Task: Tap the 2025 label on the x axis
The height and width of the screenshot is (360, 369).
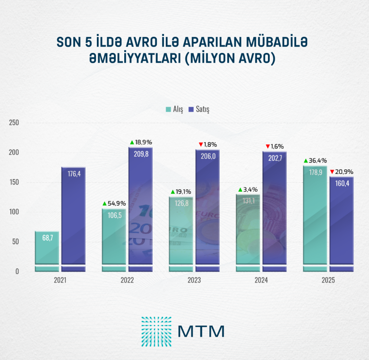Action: pos(328,280)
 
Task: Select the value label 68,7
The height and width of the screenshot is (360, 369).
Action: pos(47,238)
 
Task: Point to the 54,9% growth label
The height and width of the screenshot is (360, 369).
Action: pos(116,203)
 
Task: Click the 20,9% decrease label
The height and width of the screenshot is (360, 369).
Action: pos(344,171)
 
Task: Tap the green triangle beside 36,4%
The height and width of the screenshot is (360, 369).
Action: pos(306,161)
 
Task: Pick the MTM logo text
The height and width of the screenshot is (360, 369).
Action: pos(201,331)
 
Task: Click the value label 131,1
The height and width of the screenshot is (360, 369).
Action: pos(248,201)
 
